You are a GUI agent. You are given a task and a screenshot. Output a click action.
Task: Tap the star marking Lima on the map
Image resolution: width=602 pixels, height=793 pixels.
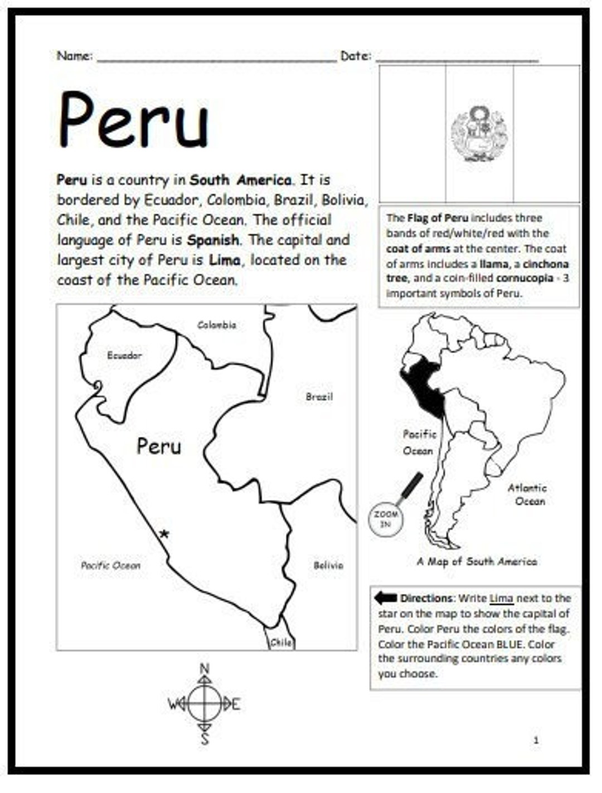tap(163, 534)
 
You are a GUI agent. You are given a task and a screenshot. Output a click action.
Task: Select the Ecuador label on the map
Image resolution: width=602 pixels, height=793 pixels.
tap(124, 356)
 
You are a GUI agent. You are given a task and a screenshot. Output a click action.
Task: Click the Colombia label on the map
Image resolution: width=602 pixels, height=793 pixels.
tap(217, 325)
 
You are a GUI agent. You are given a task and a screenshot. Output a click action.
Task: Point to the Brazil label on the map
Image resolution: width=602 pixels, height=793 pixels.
tap(319, 397)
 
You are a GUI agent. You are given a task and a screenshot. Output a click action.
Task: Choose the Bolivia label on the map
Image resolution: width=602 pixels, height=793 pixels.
tap(328, 565)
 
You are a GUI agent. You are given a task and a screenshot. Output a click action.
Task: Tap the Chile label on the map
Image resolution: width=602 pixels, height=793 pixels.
tap(281, 643)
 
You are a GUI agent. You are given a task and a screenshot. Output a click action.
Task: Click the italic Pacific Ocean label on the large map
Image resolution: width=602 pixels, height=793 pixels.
tap(110, 565)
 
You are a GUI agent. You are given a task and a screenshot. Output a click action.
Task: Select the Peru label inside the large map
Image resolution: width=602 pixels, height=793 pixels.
tap(159, 446)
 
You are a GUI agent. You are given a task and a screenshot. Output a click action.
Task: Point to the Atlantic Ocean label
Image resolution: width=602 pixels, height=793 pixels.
tap(527, 494)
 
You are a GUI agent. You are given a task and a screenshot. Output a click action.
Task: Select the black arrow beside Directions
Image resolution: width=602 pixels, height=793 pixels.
tap(385, 598)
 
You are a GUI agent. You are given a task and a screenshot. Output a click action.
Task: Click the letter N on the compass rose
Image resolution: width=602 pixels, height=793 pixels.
tap(205, 669)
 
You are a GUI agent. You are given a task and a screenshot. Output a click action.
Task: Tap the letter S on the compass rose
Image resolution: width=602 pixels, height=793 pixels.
tap(205, 739)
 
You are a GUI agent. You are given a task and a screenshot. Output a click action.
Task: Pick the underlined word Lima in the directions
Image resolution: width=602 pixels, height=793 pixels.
tap(502, 599)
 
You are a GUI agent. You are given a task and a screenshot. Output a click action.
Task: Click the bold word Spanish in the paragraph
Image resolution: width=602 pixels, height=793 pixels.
tap(213, 240)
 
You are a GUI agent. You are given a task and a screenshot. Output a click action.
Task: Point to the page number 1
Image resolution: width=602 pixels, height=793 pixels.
tap(536, 740)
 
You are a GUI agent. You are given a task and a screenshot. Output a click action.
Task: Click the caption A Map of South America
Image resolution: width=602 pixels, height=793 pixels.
tap(477, 562)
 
